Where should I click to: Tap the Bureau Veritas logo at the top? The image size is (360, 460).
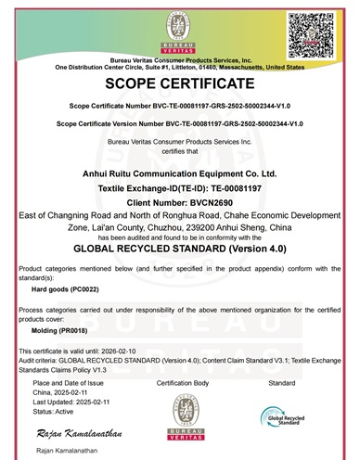180,29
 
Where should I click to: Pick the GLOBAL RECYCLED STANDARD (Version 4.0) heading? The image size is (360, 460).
180,249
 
